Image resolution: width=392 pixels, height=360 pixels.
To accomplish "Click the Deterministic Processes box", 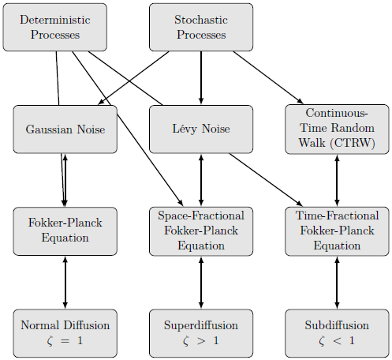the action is tap(55, 27).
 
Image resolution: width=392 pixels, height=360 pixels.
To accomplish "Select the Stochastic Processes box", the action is tap(201, 27).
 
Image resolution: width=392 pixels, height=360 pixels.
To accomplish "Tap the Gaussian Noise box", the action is tap(65, 129).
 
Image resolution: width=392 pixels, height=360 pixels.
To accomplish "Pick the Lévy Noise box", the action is tap(201, 129).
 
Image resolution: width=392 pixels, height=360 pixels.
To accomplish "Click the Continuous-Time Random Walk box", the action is tap(337, 129).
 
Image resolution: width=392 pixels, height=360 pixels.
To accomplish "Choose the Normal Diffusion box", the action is tap(65, 333).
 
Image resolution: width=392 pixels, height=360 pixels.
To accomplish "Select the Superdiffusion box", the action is tap(201, 333).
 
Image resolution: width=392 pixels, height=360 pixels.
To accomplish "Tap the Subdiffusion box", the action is tap(337, 333).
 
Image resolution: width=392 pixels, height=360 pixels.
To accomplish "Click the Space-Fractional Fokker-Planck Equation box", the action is tap(201, 231).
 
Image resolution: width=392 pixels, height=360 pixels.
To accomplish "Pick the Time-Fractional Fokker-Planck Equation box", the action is tap(337, 231).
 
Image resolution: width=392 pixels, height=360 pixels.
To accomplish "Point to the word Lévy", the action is tap(185, 129).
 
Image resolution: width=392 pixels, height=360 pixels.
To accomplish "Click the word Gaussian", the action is tap(49, 129).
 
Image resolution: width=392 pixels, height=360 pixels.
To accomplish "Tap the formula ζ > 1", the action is tap(201, 341).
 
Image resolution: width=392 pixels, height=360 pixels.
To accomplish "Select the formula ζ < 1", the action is tap(337, 341).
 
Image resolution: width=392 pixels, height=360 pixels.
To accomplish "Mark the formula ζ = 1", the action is tap(65, 341).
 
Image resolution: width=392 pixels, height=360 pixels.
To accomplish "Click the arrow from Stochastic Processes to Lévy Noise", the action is tap(201, 78).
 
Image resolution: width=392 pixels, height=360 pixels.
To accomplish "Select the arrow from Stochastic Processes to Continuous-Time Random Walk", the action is tap(268, 77).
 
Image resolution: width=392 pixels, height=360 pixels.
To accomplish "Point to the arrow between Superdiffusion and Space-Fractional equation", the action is tap(201, 283).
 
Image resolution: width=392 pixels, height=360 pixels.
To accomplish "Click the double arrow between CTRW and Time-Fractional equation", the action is tap(337, 181).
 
